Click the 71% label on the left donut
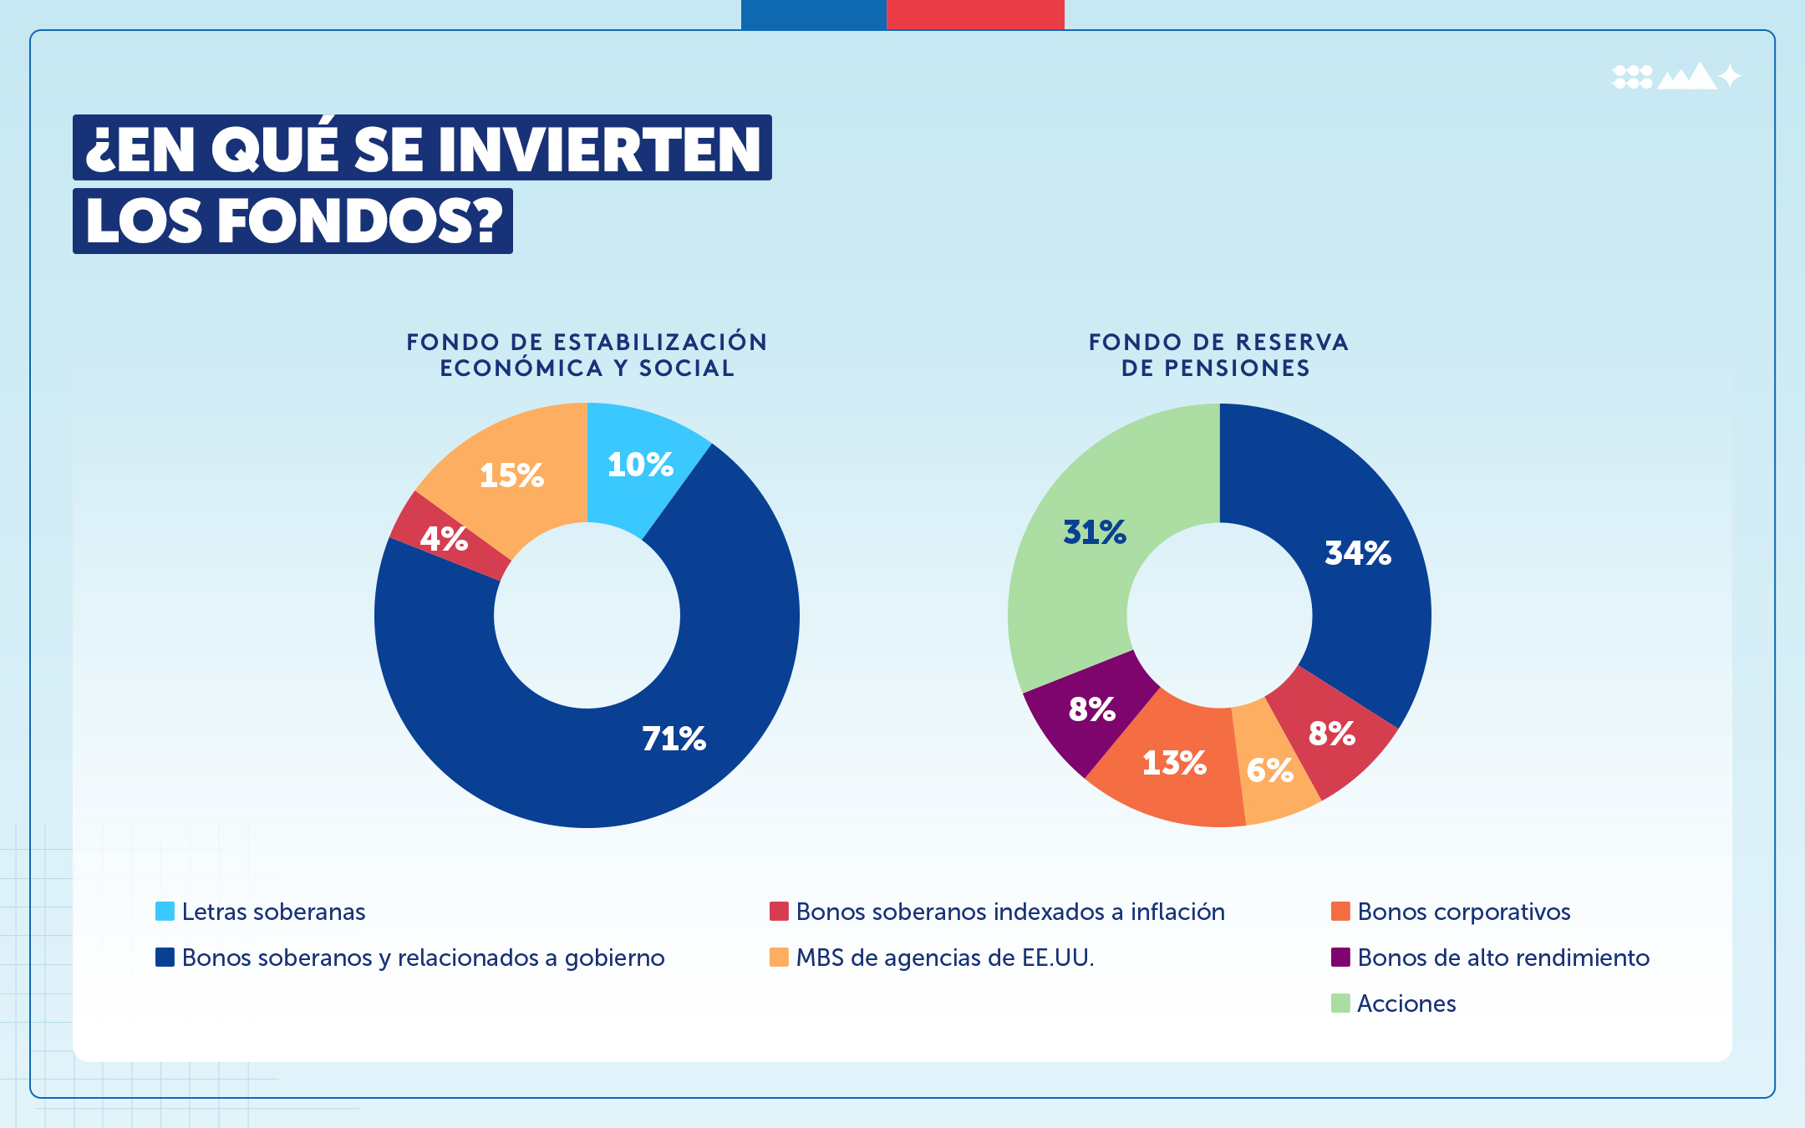(x=674, y=739)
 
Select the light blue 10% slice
(x=640, y=465)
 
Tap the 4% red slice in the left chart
(x=443, y=539)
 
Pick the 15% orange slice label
(x=511, y=475)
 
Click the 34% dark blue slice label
(x=1358, y=553)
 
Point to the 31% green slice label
(x=1095, y=532)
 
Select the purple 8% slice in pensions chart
(x=1091, y=710)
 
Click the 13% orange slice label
(x=1174, y=763)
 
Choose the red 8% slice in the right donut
(x=1331, y=734)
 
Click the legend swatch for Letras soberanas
(x=165, y=912)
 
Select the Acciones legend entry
(x=1406, y=1004)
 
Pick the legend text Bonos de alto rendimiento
(x=1503, y=958)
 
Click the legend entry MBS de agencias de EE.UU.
(x=944, y=958)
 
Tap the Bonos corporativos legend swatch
(x=1340, y=912)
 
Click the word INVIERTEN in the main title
(x=599, y=150)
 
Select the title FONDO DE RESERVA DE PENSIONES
(x=1218, y=355)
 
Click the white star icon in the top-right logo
(x=1730, y=77)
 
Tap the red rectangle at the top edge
(x=974, y=14)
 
